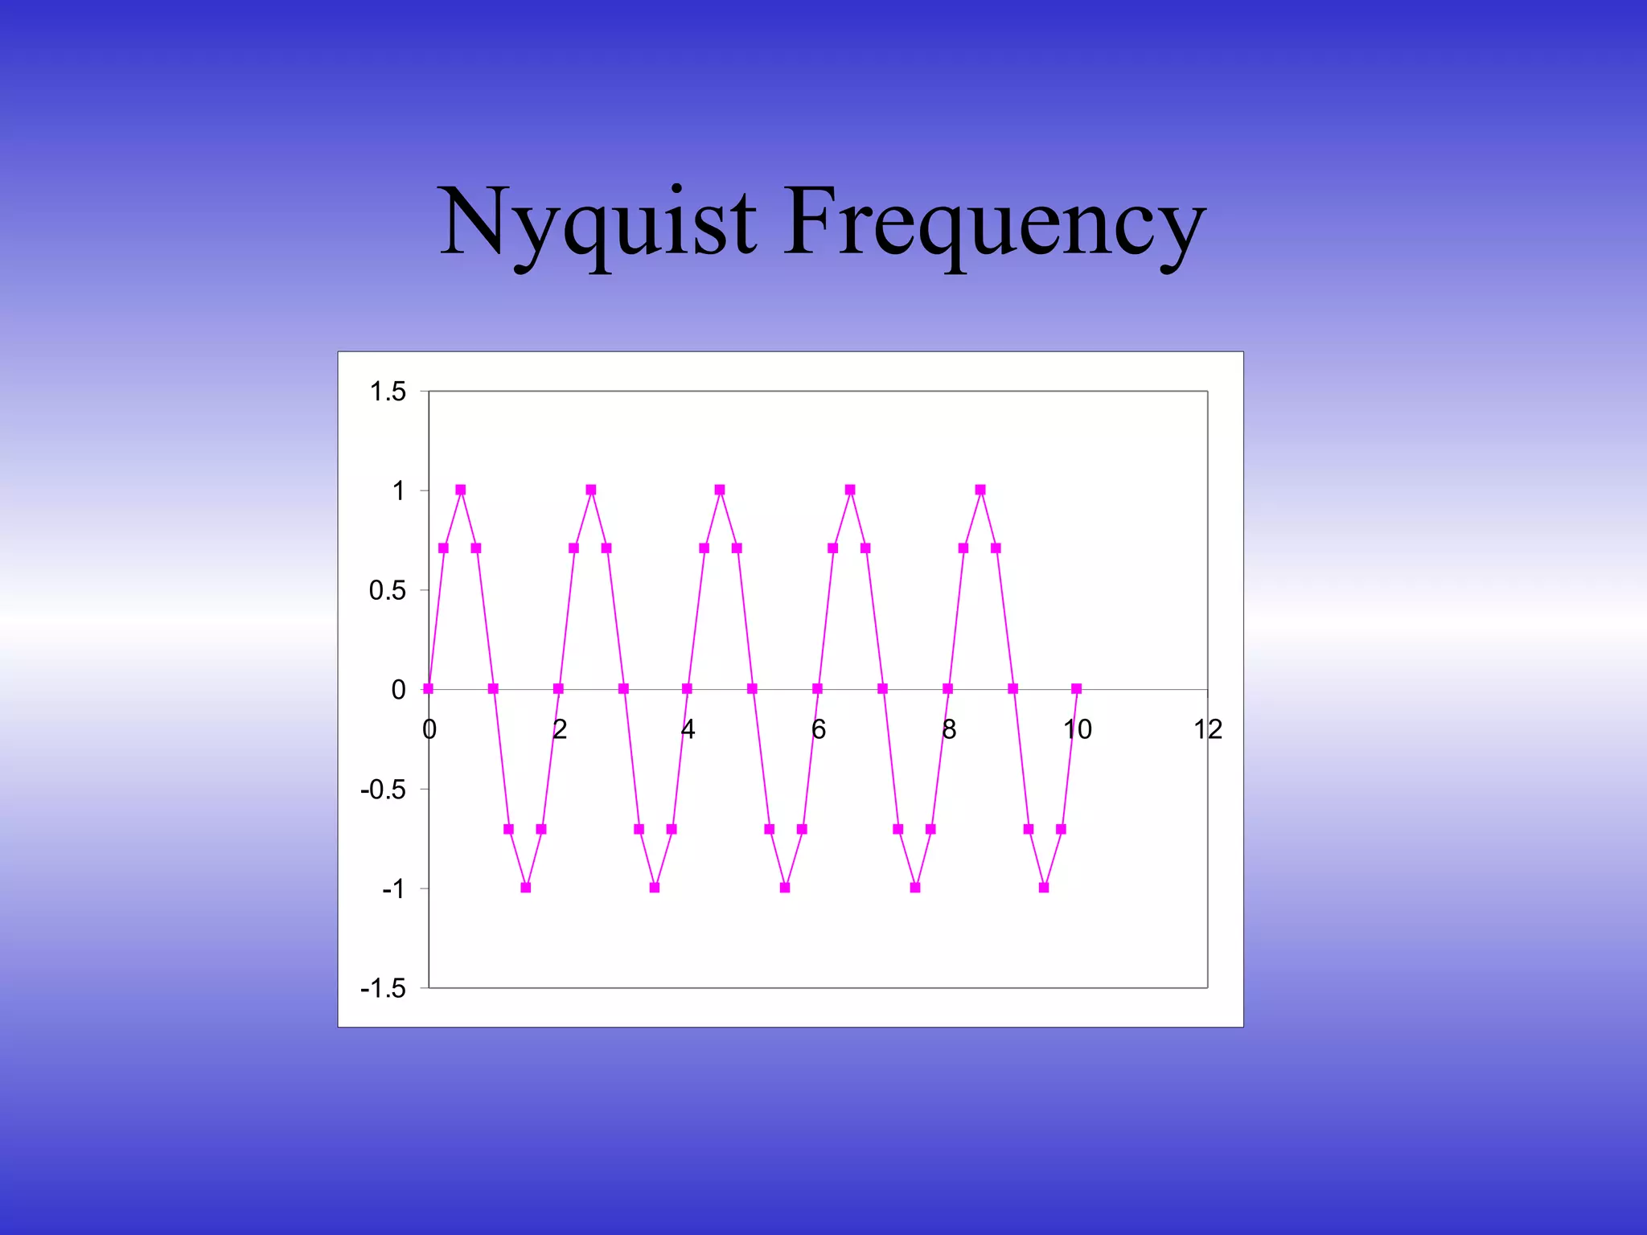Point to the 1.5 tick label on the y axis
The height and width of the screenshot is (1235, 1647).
(388, 392)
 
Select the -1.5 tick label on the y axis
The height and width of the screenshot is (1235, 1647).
(384, 988)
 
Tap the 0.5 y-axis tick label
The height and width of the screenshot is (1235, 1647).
(388, 591)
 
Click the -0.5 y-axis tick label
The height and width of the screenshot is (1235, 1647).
(384, 790)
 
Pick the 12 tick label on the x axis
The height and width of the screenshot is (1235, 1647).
(1208, 729)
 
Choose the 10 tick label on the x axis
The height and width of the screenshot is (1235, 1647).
(1078, 729)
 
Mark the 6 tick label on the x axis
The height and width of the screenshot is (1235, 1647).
(819, 729)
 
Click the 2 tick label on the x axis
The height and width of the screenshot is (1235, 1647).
(560, 729)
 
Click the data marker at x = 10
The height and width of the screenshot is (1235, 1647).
(1077, 689)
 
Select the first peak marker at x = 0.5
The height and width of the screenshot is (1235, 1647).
(461, 490)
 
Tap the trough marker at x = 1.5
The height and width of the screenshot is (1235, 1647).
(526, 888)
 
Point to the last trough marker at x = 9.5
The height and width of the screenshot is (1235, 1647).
(1044, 888)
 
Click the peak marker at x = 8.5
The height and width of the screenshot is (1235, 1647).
(980, 490)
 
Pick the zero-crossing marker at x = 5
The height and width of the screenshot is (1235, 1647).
(752, 689)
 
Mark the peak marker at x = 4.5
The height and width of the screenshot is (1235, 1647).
(720, 490)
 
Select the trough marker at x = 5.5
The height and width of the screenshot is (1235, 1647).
(785, 888)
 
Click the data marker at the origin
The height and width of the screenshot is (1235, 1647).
(428, 689)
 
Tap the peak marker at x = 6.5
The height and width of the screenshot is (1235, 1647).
(850, 490)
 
